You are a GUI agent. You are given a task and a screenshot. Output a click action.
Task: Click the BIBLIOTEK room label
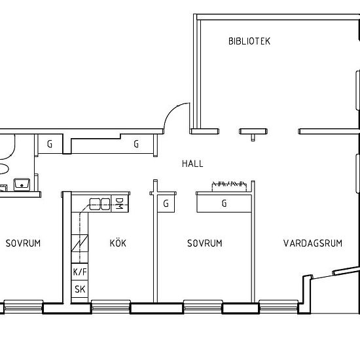pyautogui.click(x=249, y=41)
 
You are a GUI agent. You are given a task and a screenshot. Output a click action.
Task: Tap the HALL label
pyautogui.click(x=192, y=164)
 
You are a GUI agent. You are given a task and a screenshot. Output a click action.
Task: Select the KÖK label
pyautogui.click(x=118, y=243)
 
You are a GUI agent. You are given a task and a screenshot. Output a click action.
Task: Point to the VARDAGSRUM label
pyautogui.click(x=313, y=243)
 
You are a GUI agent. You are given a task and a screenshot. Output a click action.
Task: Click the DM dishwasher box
pyautogui.click(x=120, y=204)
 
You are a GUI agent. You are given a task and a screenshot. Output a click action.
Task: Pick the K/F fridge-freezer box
pyautogui.click(x=80, y=272)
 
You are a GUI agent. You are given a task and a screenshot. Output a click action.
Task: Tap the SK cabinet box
pyautogui.click(x=80, y=289)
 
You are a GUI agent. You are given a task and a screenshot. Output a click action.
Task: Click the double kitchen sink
pyautogui.click(x=99, y=204)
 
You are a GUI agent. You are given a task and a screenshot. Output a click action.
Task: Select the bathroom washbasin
pyautogui.click(x=22, y=185)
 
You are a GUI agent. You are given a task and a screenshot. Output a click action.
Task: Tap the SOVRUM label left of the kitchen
pyautogui.click(x=23, y=243)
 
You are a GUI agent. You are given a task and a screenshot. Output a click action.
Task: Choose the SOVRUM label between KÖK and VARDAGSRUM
pyautogui.click(x=205, y=243)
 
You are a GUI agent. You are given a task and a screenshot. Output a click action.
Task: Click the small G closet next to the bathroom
pyautogui.click(x=50, y=144)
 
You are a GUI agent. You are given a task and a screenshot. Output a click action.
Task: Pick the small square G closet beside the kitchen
pyautogui.click(x=166, y=204)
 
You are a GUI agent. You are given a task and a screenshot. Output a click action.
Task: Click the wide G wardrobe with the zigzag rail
pyautogui.click(x=224, y=204)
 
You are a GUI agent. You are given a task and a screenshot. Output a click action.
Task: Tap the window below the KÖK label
pyautogui.click(x=111, y=306)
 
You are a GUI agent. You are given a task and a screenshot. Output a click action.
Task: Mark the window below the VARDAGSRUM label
pyautogui.click(x=278, y=306)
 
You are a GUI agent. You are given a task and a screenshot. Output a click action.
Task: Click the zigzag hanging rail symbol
pyautogui.click(x=229, y=184)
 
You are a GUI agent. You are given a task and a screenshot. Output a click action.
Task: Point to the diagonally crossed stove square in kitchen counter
pyautogui.click(x=80, y=243)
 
